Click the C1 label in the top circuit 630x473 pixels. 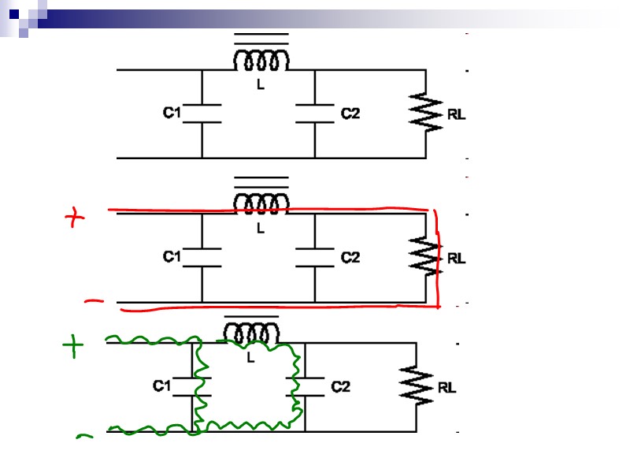click(x=172, y=114)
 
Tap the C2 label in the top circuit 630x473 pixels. click(x=350, y=114)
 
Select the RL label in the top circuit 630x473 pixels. click(x=457, y=114)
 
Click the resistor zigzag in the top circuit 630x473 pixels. click(x=425, y=113)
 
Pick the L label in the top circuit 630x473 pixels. click(x=261, y=85)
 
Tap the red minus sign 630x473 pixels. click(x=94, y=300)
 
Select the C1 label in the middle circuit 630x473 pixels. click(x=172, y=257)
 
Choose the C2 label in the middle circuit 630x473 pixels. click(x=350, y=257)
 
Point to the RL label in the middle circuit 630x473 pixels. click(x=457, y=258)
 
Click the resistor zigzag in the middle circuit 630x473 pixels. click(x=425, y=257)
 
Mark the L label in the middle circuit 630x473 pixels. click(x=261, y=229)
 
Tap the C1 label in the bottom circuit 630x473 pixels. click(x=161, y=386)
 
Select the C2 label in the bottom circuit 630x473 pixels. click(x=340, y=386)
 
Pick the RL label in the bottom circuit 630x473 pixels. click(x=447, y=387)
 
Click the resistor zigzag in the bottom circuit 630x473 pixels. click(x=415, y=386)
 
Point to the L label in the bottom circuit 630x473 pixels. click(x=250, y=358)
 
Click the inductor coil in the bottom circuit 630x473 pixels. click(x=250, y=334)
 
